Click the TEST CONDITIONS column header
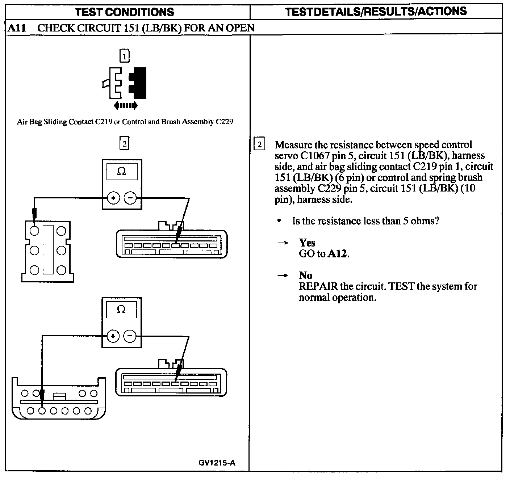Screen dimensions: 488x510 tap(125, 12)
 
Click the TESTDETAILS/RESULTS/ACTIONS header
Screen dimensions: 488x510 tap(376, 12)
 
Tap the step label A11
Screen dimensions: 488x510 tap(17, 28)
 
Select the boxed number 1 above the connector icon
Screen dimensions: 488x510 tap(124, 56)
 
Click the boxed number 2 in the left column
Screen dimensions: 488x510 tap(124, 144)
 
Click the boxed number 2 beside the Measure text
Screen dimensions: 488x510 tap(259, 144)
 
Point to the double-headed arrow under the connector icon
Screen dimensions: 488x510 tap(125, 105)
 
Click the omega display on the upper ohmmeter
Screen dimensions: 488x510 tap(122, 171)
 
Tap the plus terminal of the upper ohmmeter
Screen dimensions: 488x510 tap(113, 198)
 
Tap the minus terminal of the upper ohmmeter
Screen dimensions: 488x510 tap(130, 198)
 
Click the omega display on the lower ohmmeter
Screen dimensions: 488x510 tap(121, 310)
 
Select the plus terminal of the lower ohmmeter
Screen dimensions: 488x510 tap(113, 337)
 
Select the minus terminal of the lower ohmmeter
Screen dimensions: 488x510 tap(130, 337)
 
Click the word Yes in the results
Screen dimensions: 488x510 tap(307, 243)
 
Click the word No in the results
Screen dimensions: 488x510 tap(306, 275)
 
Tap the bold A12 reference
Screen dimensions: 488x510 tap(338, 254)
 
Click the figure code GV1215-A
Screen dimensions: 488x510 tap(217, 463)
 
